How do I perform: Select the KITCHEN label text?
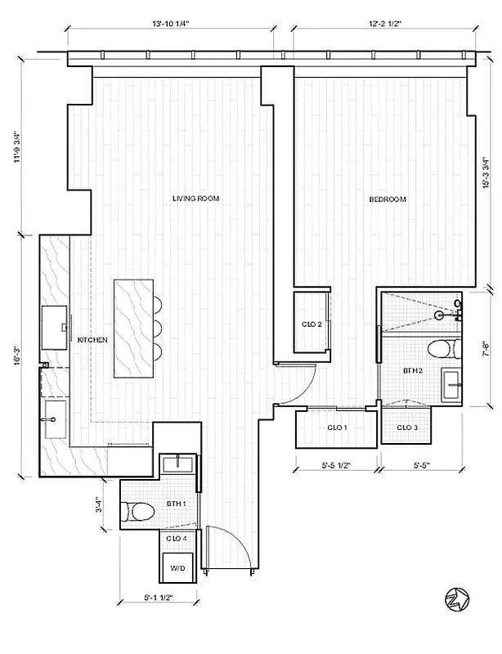coord(92,339)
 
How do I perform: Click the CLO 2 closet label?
coord(312,325)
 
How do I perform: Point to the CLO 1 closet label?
coord(337,428)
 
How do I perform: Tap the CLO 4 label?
coord(177,539)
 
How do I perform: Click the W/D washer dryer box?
coord(177,567)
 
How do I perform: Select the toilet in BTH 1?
coord(139,513)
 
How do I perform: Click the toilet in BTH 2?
coord(441,350)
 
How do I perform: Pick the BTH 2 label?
coord(412,371)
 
